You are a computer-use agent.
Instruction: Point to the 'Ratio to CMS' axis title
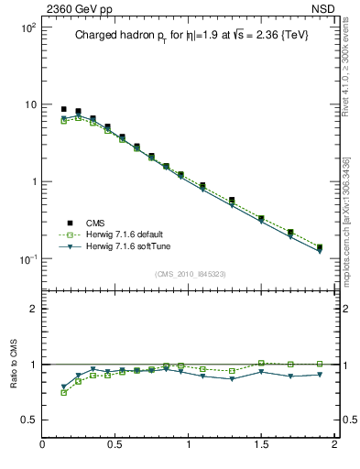[x=13, y=365]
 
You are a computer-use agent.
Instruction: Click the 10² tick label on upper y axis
[x=27, y=27]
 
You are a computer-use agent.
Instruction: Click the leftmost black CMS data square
[x=63, y=109]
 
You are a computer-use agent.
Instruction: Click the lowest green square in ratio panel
[x=63, y=392]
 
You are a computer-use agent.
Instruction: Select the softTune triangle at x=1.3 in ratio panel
[x=232, y=378]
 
